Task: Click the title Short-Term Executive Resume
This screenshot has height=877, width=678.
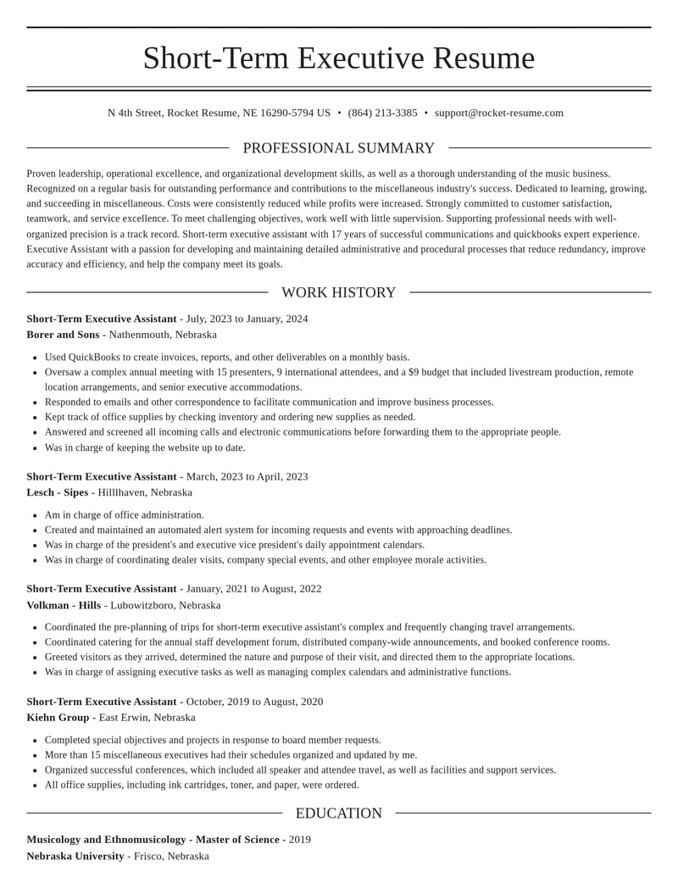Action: (x=338, y=58)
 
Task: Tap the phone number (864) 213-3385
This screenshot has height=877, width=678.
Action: (x=382, y=113)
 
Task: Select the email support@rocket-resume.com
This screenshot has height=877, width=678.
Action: (x=498, y=113)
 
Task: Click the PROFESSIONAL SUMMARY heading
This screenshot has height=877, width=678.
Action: (x=338, y=148)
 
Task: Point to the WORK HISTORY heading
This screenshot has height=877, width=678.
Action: (x=338, y=292)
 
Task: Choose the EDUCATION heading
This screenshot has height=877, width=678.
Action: (x=338, y=813)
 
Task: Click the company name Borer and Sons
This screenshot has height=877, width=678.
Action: (x=63, y=335)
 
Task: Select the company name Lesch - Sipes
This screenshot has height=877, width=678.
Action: (x=57, y=492)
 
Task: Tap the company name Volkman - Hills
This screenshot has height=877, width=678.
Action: (x=64, y=605)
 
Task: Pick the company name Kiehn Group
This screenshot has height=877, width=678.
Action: (x=58, y=718)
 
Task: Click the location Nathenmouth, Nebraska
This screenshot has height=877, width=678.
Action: (x=163, y=335)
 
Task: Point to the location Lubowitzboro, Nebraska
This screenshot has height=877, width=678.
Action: (x=165, y=605)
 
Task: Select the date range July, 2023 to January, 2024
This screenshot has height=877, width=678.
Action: (x=247, y=319)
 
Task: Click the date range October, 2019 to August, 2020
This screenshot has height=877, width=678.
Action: (x=254, y=702)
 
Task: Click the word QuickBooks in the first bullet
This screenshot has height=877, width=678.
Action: (x=94, y=357)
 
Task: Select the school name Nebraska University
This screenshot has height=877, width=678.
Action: (x=75, y=856)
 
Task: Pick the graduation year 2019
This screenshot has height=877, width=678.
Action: (x=300, y=840)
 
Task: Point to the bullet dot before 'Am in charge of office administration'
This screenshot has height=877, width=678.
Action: (x=34, y=515)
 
